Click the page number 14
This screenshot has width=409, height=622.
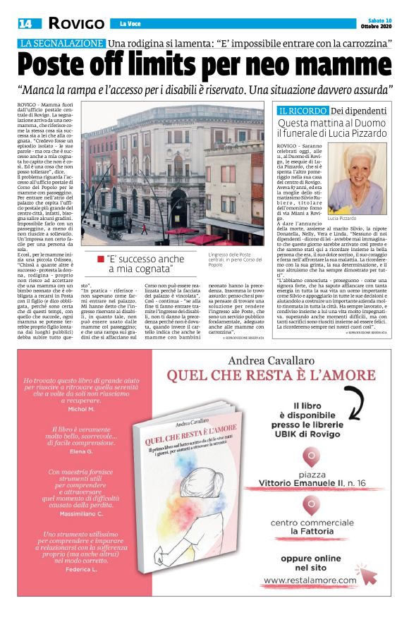25,23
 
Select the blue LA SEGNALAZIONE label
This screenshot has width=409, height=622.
61,44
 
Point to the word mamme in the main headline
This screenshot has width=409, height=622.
338,66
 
